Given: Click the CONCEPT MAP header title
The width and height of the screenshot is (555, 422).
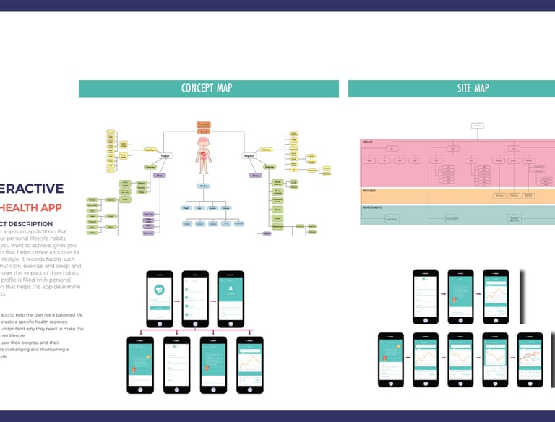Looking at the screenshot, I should pyautogui.click(x=207, y=88).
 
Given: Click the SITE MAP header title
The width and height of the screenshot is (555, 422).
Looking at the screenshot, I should pyautogui.click(x=473, y=88).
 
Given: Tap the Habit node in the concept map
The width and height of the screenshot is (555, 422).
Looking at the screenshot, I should pyautogui.click(x=165, y=155).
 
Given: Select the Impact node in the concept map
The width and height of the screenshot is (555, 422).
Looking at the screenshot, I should pyautogui.click(x=248, y=155).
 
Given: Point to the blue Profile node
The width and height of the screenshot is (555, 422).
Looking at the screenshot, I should pyautogui.click(x=205, y=186).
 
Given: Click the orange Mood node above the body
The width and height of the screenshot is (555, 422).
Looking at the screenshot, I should pyautogui.click(x=204, y=132).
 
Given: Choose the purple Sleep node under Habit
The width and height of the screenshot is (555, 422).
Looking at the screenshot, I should pyautogui.click(x=159, y=175).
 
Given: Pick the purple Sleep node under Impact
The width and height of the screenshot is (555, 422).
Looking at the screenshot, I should pyautogui.click(x=256, y=175).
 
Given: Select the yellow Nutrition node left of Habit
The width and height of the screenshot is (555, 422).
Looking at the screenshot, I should pyautogui.click(x=150, y=150).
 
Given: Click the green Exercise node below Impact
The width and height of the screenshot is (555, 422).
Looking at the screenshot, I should pyautogui.click(x=269, y=167).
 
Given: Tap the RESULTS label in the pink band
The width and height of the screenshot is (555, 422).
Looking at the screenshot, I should pyautogui.click(x=367, y=142).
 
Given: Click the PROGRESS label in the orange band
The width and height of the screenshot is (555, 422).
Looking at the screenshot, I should pyautogui.click(x=369, y=191).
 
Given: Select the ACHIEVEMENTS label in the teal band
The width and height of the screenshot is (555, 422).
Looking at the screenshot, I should pyautogui.click(x=373, y=208).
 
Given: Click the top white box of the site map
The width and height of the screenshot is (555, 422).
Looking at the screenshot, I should pyautogui.click(x=477, y=126).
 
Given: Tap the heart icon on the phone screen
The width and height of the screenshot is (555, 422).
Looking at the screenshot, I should pyautogui.click(x=159, y=288).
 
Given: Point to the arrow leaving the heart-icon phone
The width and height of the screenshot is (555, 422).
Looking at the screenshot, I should pyautogui.click(x=177, y=296).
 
